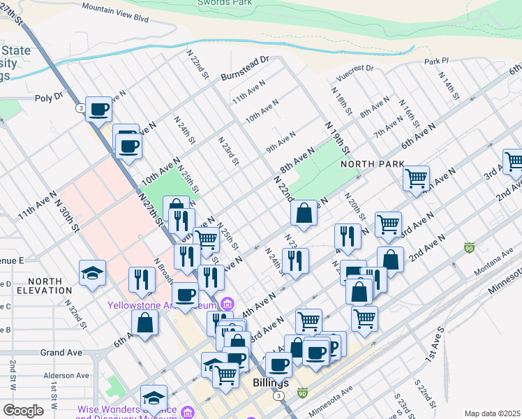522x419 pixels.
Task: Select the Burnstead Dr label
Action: tap(245, 67)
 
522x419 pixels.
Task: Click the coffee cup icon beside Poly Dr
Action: tap(99, 110)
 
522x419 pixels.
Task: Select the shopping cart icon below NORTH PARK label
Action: tap(416, 178)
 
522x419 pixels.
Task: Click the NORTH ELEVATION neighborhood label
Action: tap(40, 286)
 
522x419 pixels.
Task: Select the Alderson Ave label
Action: tap(67, 376)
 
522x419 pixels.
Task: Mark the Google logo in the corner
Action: tap(23, 411)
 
